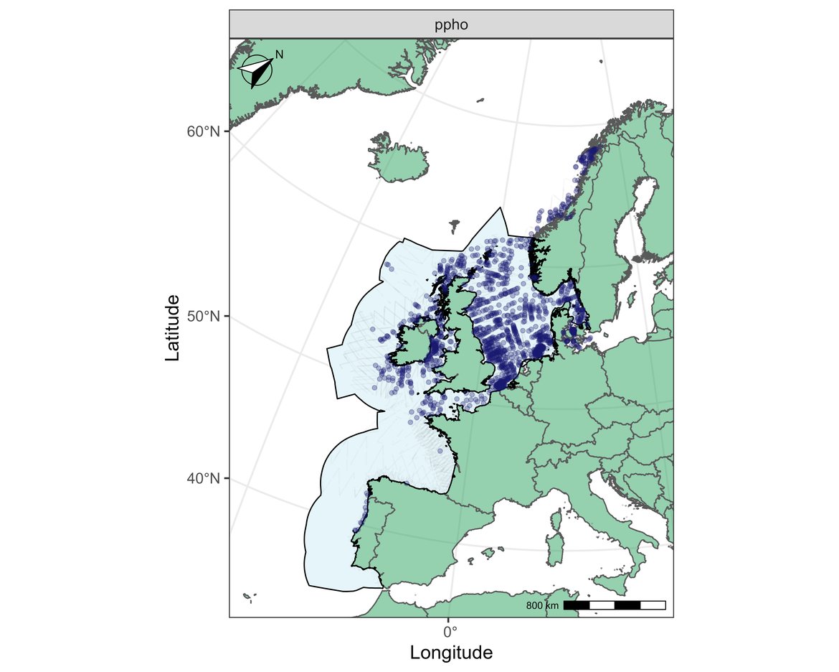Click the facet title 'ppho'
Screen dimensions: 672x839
451,26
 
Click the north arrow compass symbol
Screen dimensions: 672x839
257,71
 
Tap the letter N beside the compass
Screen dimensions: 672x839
280,55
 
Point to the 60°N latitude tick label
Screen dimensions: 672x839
203,131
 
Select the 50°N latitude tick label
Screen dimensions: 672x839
203,316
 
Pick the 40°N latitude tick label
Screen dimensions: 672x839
203,478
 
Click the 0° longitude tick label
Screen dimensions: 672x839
450,632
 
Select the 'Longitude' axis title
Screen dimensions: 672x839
451,653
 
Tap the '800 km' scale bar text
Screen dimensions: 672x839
542,606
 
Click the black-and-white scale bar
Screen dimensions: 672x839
615,605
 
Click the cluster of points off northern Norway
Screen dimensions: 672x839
589,156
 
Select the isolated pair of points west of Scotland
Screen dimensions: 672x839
388,265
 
